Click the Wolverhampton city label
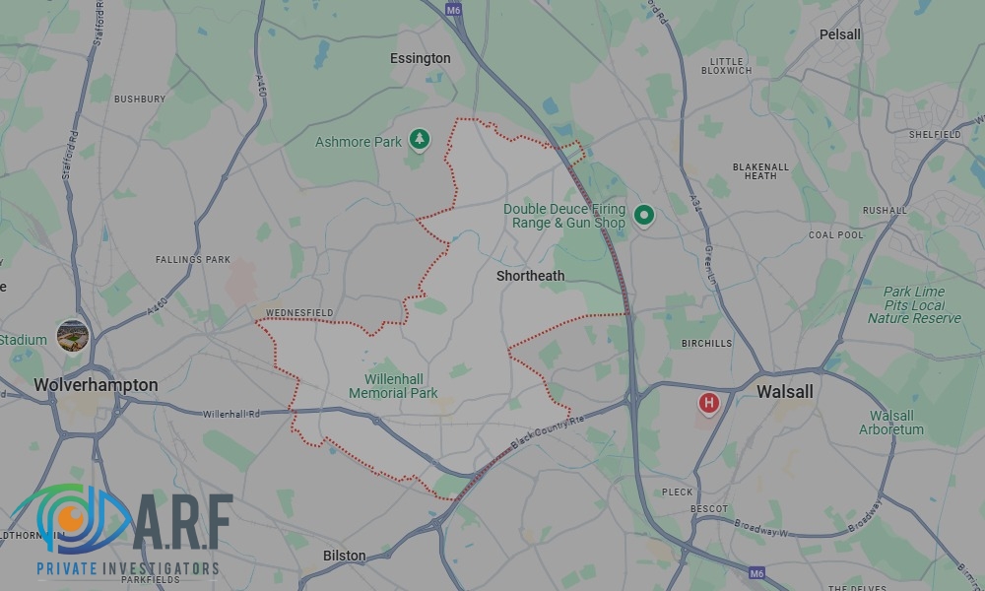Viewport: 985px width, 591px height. click(96, 384)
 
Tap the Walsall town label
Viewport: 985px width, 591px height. click(784, 391)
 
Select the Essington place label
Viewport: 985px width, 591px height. click(420, 58)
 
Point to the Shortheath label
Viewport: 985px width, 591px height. click(530, 276)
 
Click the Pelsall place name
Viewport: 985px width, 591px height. click(839, 34)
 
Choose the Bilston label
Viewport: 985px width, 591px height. click(344, 556)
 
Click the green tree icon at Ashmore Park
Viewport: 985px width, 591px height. click(421, 139)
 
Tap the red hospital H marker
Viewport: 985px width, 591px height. click(708, 403)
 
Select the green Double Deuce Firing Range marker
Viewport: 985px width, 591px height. click(644, 214)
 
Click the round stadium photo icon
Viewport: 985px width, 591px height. click(73, 335)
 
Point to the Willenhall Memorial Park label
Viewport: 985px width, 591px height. click(393, 385)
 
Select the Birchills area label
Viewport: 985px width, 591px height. click(707, 344)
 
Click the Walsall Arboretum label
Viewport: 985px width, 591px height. click(891, 423)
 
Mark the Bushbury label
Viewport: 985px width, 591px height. click(140, 99)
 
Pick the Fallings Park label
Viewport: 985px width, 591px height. click(193, 260)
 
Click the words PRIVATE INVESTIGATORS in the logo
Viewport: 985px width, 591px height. click(127, 568)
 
